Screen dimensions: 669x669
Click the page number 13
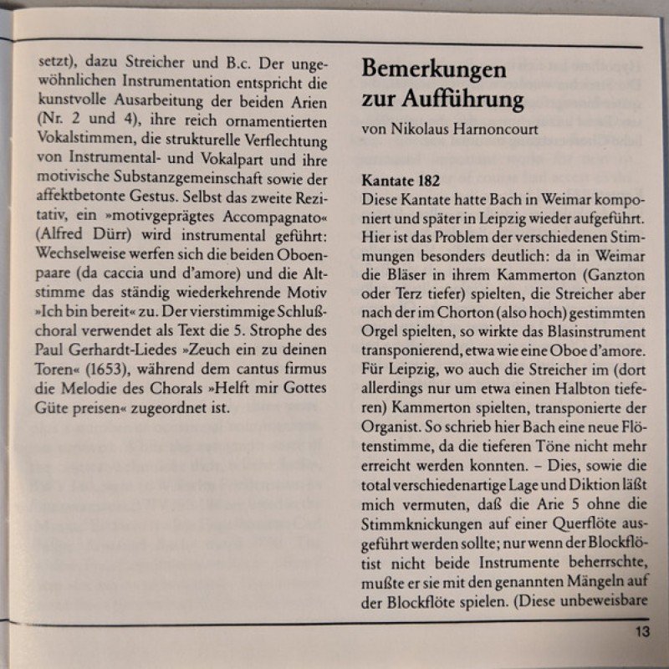click(x=641, y=632)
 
